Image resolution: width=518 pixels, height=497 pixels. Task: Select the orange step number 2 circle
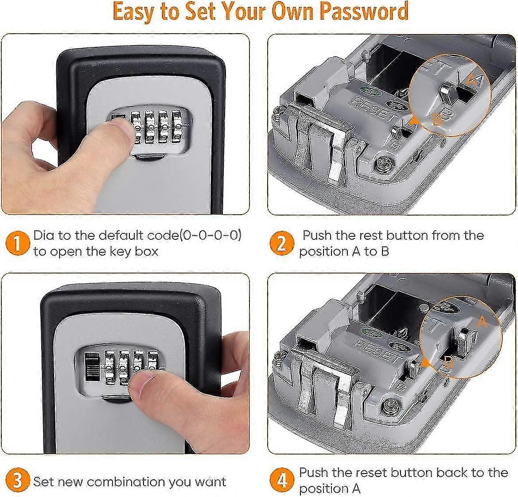pos(282,243)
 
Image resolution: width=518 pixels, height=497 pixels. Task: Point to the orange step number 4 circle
pos(282,481)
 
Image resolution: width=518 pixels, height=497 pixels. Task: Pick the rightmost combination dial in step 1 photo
pos(179,127)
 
